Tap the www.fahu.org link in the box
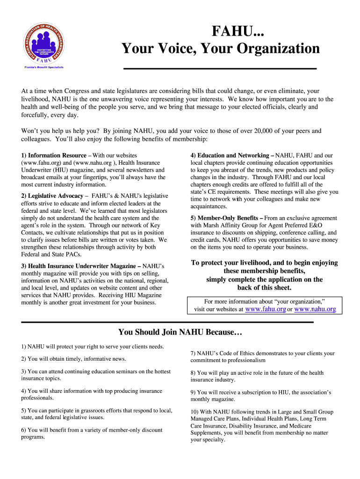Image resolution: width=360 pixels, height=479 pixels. tap(266, 309)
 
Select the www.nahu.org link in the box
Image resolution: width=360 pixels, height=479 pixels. tap(315, 309)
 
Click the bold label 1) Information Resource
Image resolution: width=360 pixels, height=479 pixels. tap(54, 155)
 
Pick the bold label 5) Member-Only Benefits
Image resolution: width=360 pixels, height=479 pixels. tap(226, 218)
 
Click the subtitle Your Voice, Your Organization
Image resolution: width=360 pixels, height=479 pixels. tap(221, 49)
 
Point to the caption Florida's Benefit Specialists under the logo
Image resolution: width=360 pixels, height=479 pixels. tap(44, 67)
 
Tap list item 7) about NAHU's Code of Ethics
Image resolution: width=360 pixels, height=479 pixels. tap(262, 357)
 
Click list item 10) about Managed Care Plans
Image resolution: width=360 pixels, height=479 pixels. tap(262, 426)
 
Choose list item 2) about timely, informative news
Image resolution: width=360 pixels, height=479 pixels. tap(73, 359)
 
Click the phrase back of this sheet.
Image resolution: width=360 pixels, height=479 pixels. tap(264, 287)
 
